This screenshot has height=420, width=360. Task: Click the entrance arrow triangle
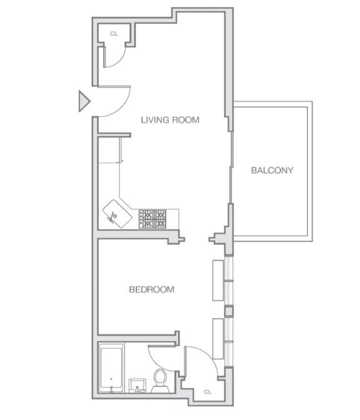pyautogui.click(x=84, y=101)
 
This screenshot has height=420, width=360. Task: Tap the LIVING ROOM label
pyautogui.click(x=170, y=120)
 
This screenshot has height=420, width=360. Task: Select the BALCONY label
pyautogui.click(x=272, y=171)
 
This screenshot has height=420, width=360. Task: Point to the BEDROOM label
pyautogui.click(x=152, y=289)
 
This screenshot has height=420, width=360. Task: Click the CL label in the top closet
pyautogui.click(x=114, y=34)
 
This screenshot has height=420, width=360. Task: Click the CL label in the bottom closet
pyautogui.click(x=208, y=392)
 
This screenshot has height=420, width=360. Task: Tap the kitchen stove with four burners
pyautogui.click(x=152, y=219)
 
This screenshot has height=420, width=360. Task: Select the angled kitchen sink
pyautogui.click(x=117, y=214)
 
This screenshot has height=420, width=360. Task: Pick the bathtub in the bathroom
pyautogui.click(x=111, y=368)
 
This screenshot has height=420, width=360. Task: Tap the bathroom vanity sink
pyautogui.click(x=137, y=386)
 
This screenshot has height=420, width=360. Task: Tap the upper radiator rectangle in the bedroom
pyautogui.click(x=218, y=280)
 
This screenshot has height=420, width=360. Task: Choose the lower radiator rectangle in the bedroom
pyautogui.click(x=218, y=339)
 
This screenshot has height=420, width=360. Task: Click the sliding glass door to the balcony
pyautogui.click(x=231, y=167)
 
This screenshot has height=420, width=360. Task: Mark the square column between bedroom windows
pyautogui.click(x=229, y=311)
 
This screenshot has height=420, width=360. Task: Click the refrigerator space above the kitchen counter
pyautogui.click(x=109, y=150)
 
